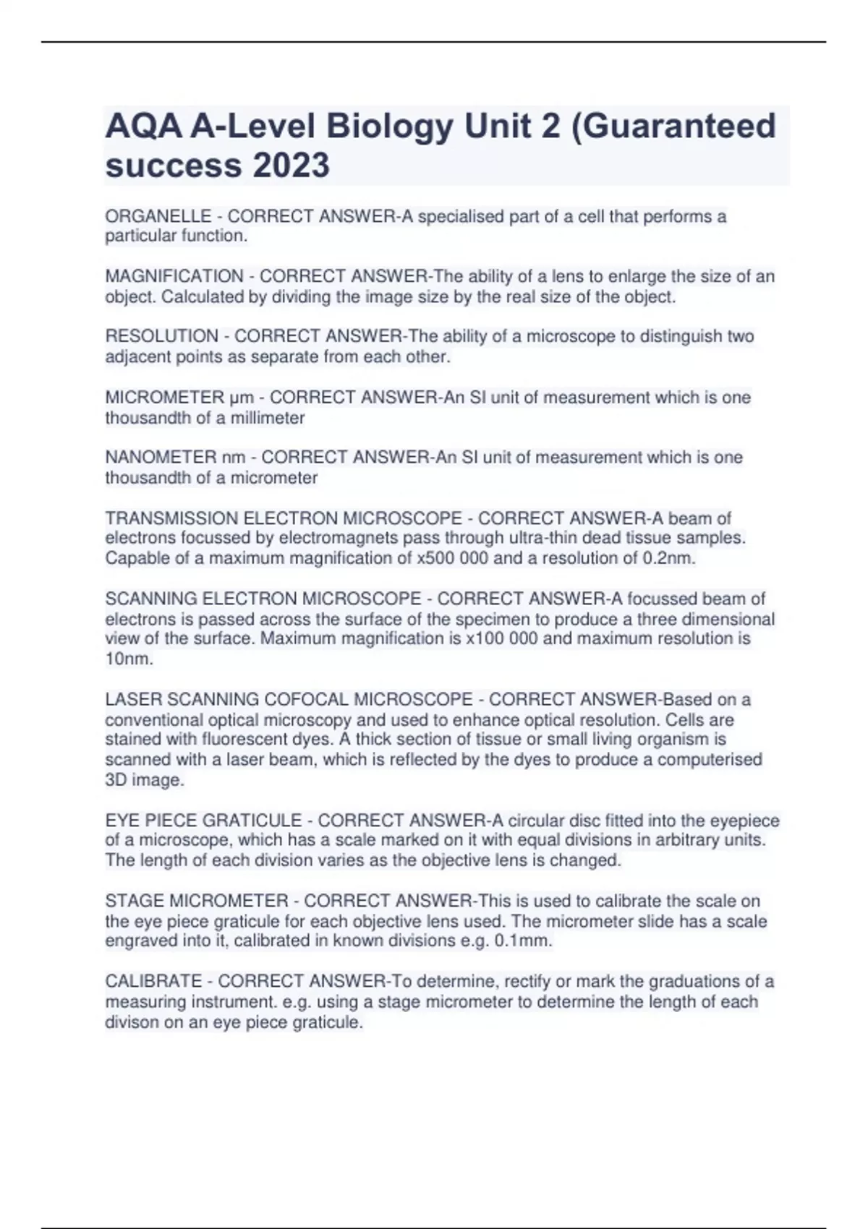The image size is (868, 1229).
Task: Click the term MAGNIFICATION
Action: (x=174, y=276)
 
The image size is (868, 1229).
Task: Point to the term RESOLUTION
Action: (x=161, y=336)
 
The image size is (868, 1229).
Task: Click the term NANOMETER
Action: (x=161, y=458)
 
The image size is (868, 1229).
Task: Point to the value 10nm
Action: (x=129, y=659)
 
